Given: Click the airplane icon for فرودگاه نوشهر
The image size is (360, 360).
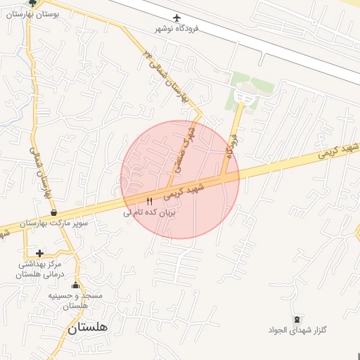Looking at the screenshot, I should click(x=176, y=18).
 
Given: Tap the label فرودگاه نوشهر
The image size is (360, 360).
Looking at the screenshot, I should click(x=177, y=29).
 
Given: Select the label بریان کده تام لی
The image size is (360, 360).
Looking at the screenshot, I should click(x=148, y=212).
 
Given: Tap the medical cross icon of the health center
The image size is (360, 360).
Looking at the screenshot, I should click(x=39, y=253).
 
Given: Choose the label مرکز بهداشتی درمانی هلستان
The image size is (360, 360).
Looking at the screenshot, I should click(x=41, y=269).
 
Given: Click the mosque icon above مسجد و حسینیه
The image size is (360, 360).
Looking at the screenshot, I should click(x=75, y=285).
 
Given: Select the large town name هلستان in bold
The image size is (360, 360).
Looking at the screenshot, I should click(x=88, y=328).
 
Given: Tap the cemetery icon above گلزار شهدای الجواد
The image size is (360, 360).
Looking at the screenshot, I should click(x=297, y=320).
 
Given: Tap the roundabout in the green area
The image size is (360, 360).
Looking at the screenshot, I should click(x=244, y=96).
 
